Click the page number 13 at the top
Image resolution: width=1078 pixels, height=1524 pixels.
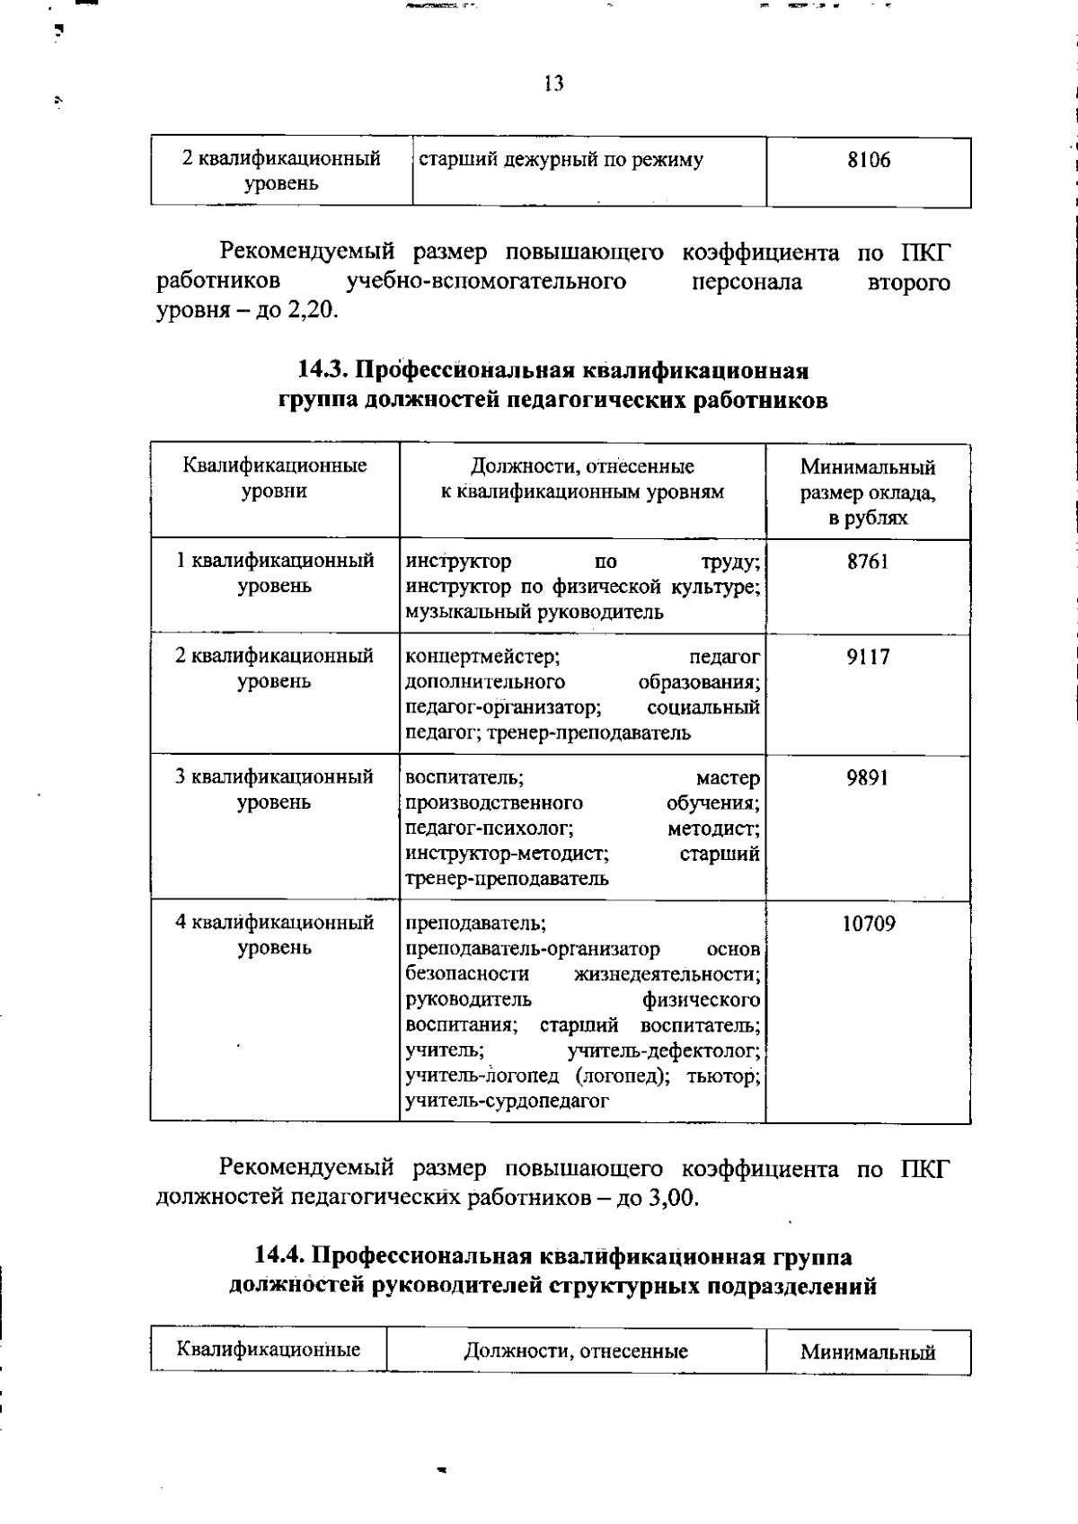point(553,84)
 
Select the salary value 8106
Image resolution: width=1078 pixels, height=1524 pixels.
point(869,161)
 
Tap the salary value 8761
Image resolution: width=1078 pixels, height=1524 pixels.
point(868,562)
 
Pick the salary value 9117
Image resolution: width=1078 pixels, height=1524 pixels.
point(868,657)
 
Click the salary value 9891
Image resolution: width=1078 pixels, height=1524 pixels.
point(868,777)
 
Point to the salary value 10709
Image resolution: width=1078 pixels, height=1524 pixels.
point(868,924)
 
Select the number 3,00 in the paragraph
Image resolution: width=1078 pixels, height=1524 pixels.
point(673,1199)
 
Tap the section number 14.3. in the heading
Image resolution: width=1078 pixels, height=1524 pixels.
point(323,370)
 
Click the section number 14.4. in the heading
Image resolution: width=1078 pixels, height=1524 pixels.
point(280,1256)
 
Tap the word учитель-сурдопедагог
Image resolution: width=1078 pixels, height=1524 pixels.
point(508,1101)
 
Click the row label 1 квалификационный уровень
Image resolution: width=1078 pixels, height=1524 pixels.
point(275,573)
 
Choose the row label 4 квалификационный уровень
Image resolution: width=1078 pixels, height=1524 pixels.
point(275,935)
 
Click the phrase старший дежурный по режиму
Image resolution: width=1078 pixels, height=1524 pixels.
point(561,161)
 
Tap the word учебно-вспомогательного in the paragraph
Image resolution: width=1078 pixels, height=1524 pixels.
point(486,281)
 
